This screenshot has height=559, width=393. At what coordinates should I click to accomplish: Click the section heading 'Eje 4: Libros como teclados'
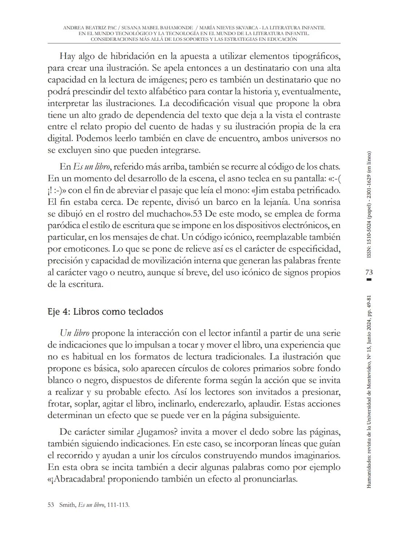pyautogui.click(x=105, y=312)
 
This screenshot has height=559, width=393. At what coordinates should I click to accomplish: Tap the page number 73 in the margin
pyautogui.click(x=369, y=272)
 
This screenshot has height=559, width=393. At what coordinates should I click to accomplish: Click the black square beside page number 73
pyautogui.click(x=369, y=279)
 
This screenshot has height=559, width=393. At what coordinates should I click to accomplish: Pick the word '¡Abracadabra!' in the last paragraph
pyautogui.click(x=80, y=479)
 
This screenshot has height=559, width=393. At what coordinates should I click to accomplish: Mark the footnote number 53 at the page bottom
pyautogui.click(x=51, y=505)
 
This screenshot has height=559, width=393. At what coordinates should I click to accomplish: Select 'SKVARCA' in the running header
pyautogui.click(x=262, y=28)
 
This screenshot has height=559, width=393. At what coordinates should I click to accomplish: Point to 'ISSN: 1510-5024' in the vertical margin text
pyautogui.click(x=369, y=237)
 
